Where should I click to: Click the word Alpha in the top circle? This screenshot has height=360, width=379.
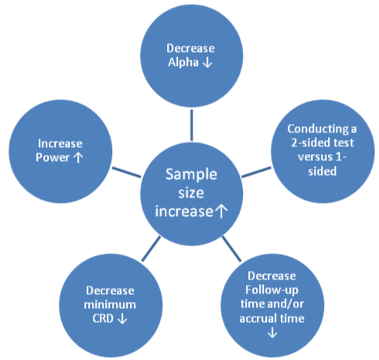pos(183,63)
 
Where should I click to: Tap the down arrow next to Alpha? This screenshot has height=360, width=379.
pos(207,63)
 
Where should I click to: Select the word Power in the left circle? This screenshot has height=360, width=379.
pos(53,157)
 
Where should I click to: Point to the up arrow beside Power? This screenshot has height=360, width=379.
pos(78,157)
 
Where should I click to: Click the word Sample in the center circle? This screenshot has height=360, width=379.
pos(191,175)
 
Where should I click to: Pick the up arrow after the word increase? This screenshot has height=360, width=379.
pos(221,211)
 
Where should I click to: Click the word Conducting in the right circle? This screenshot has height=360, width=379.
pos(318,129)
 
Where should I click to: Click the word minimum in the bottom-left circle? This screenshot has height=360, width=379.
pos(110,305)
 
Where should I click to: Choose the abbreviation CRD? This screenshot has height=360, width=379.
pos(103,319)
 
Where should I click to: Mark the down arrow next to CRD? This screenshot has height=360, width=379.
pos(122,318)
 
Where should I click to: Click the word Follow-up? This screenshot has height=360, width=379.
pos(271,290)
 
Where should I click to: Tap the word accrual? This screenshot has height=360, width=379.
pos(258,318)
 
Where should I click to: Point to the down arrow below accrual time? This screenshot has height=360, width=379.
pos(272,332)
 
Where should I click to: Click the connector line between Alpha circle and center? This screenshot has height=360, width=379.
pos(192,125)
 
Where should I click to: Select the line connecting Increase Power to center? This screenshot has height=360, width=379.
pos(127,172)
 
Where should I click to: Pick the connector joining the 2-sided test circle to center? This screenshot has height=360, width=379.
pos(256,172)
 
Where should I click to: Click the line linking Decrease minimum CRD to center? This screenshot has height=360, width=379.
pos(151,249)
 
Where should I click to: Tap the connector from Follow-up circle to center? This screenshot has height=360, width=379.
pos(231,249)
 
